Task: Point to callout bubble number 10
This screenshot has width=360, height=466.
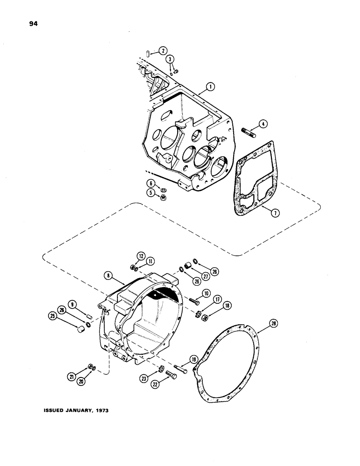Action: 206,294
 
